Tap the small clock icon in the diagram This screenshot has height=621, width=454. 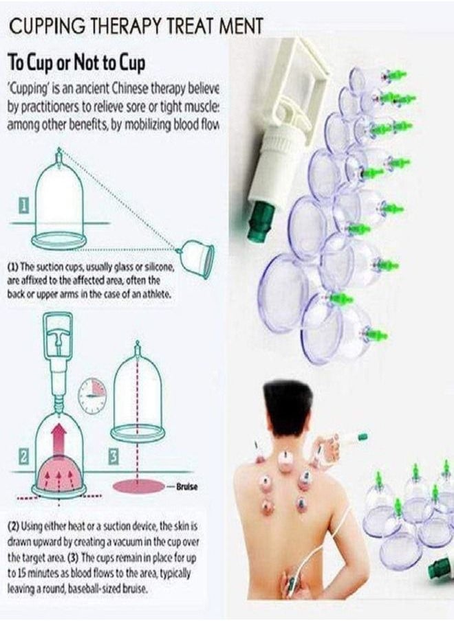[91, 396]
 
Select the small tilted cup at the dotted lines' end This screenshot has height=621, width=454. [198, 255]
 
